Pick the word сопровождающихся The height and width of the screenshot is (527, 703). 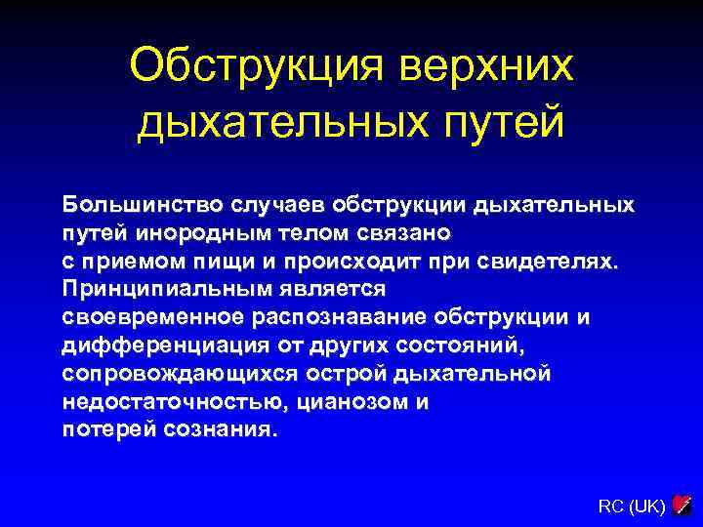181,374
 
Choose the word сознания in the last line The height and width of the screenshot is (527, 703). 217,430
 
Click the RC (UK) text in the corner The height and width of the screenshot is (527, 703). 632,506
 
